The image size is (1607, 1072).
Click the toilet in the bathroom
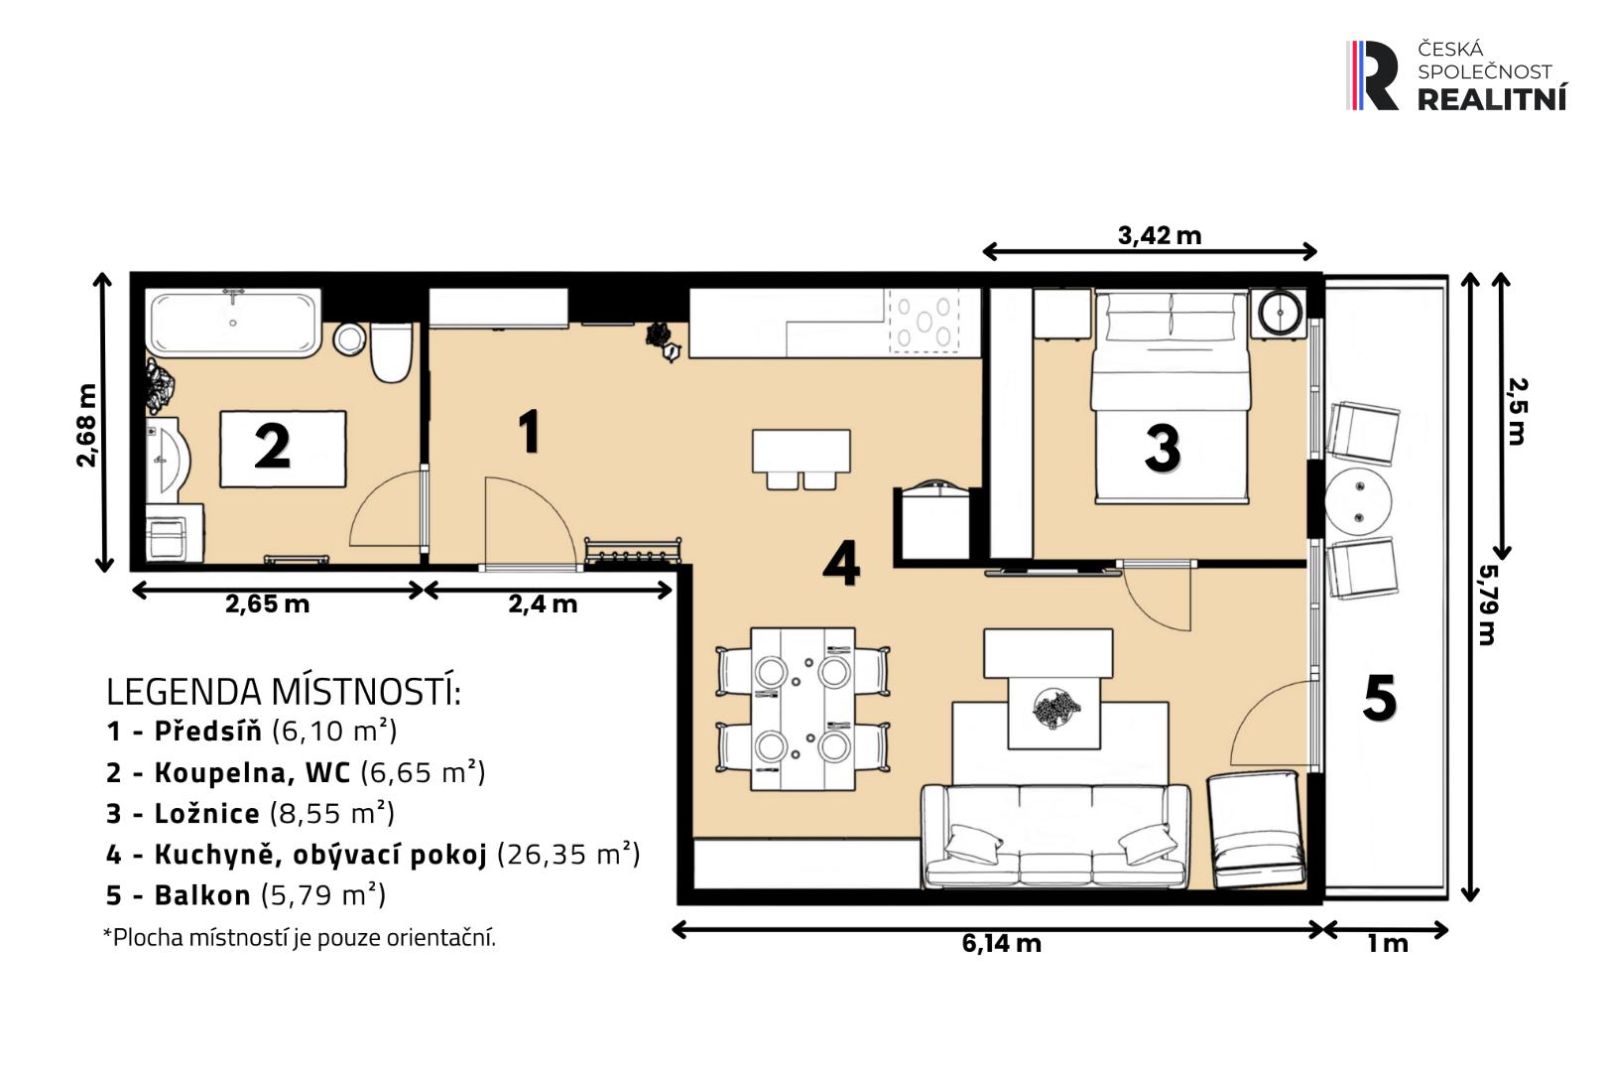coord(391,351)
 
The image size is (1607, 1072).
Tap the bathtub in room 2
coord(234,323)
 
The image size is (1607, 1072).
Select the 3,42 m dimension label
coord(1160,235)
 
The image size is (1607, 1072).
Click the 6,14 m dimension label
coord(1002,943)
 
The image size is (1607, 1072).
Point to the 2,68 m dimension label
coord(86,426)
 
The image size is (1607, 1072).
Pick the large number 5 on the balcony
coord(1379,697)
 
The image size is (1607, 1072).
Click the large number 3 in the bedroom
coord(1163,449)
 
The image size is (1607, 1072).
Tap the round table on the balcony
coord(1358,501)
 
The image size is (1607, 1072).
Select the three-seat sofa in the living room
coord(1055,836)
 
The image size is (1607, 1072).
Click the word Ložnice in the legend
coord(206,814)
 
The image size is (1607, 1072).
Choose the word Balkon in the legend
coord(202,895)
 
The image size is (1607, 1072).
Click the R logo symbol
coord(1372,75)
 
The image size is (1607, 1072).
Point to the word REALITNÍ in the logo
coord(1492,97)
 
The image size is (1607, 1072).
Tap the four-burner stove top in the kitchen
coord(924,322)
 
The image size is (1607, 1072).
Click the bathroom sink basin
coord(168,459)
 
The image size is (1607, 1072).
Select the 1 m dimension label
coord(1388,944)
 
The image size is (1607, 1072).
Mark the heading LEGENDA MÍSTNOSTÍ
coord(284,692)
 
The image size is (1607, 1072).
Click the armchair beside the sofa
coord(1256,829)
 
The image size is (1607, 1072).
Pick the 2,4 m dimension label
coord(543,603)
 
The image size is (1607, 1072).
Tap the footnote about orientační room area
coord(300,938)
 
